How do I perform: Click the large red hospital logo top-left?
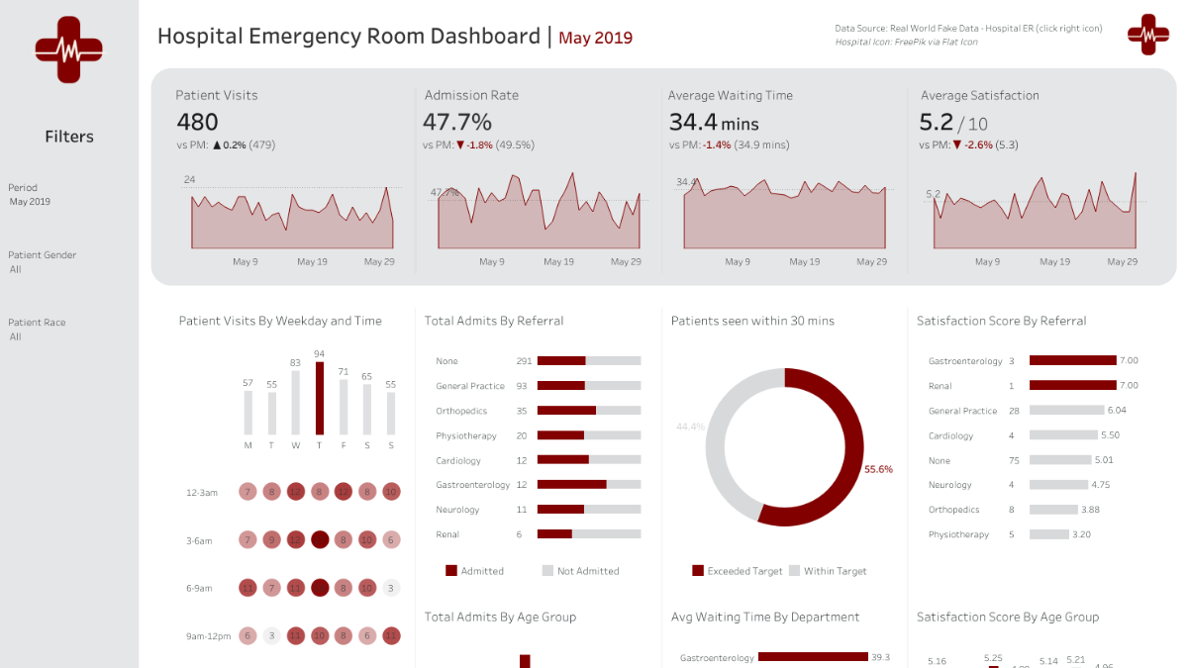(x=68, y=48)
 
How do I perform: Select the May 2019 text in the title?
(x=595, y=39)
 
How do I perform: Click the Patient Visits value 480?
(x=197, y=122)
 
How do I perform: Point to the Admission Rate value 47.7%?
(x=456, y=122)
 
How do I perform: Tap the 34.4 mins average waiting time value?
(x=713, y=122)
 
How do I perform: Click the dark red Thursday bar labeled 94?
(x=319, y=398)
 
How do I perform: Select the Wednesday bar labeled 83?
(x=295, y=404)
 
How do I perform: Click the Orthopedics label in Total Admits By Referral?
(x=459, y=411)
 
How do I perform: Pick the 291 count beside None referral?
(x=524, y=361)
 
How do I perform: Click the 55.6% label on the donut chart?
(x=878, y=469)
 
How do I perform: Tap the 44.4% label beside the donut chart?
(x=690, y=427)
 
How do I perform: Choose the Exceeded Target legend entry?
(x=737, y=571)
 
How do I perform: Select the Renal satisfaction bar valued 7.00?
(x=1072, y=386)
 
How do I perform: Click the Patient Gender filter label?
(x=42, y=255)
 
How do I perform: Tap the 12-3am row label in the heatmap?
(x=201, y=492)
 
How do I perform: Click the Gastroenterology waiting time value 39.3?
(x=880, y=657)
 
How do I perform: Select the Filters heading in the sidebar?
(x=69, y=137)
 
